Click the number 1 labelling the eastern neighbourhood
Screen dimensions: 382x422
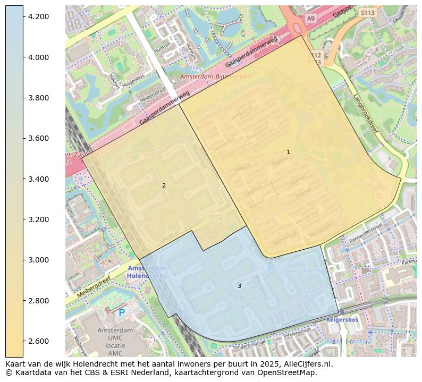(x=288, y=152)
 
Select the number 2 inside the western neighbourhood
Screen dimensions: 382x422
(x=164, y=185)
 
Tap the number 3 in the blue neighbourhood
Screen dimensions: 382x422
(x=239, y=286)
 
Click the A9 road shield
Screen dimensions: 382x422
(x=310, y=19)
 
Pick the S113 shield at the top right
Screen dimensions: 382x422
(x=367, y=12)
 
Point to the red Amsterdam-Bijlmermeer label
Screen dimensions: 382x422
(x=215, y=77)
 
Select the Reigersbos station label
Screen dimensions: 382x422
(x=342, y=320)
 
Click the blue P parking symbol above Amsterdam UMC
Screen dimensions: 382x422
(x=122, y=313)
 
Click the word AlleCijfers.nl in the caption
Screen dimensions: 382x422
(x=307, y=364)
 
